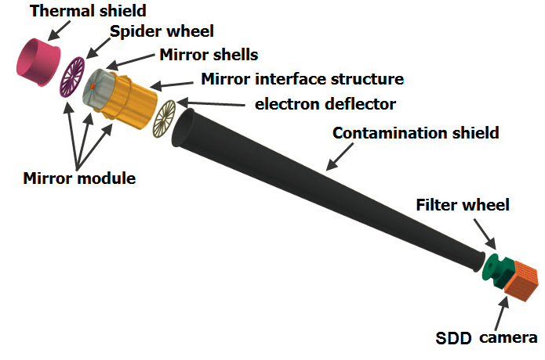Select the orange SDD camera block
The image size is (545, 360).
(x=521, y=283)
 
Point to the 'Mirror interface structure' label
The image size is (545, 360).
(x=303, y=79)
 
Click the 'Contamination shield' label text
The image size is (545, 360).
(x=416, y=133)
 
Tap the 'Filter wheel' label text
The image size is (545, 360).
(x=463, y=205)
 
